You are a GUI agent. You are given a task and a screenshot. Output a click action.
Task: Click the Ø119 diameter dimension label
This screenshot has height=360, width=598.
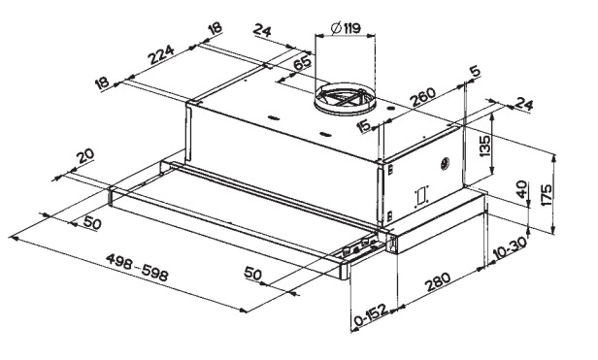click(346, 28)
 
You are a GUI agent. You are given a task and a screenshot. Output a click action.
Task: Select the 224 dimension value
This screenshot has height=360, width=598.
click(161, 54)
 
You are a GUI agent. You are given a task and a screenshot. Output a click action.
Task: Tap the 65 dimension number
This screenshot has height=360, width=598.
click(303, 62)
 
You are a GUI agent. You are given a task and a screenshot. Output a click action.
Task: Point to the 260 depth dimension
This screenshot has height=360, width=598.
click(422, 98)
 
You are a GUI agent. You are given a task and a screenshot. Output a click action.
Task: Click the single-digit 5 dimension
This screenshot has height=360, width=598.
click(476, 71)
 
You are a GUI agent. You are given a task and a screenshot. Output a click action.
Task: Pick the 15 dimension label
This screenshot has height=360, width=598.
click(364, 126)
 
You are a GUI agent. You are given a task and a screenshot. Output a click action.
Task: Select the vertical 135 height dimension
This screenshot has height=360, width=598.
click(484, 146)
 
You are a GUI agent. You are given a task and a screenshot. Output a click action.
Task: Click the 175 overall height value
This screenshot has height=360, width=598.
click(547, 195)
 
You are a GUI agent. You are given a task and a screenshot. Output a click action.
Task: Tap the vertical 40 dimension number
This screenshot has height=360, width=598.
click(521, 189)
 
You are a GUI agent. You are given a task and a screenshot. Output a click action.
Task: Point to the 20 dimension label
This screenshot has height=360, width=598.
click(85, 156)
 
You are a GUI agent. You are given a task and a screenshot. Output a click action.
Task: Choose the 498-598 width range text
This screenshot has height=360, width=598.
click(137, 266)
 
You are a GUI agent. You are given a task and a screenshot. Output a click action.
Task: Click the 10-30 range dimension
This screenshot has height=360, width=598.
click(510, 247)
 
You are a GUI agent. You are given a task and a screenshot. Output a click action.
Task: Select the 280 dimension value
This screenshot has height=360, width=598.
click(438, 281)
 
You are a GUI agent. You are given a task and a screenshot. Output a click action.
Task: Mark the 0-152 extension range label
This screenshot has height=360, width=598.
click(371, 314)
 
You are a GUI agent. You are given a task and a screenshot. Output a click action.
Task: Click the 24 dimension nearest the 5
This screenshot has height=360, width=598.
click(523, 104)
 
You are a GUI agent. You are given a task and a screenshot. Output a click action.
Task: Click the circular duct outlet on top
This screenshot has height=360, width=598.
click(345, 99)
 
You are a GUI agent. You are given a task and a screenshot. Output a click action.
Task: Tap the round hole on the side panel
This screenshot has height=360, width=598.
click(445, 164)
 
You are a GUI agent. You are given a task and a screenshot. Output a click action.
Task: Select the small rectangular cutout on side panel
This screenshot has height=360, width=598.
click(420, 196)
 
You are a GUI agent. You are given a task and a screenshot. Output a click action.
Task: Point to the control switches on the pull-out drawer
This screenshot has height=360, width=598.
click(357, 247)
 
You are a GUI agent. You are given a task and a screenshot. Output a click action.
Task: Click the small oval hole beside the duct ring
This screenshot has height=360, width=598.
click(390, 109)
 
